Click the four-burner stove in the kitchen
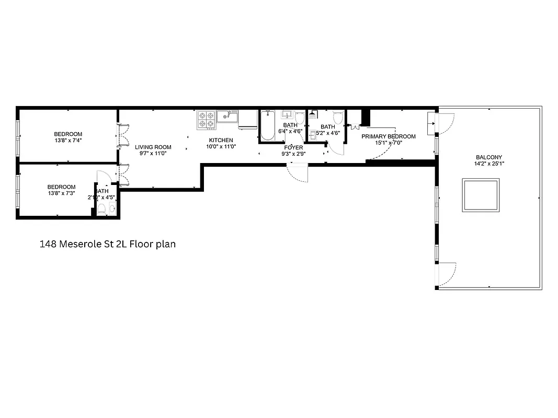point(207,120)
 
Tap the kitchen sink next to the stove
point(227,115)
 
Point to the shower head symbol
point(313,115)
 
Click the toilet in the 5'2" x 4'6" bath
point(338,118)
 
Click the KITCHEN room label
point(221,141)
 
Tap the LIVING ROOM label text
point(153,147)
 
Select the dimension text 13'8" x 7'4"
point(68,141)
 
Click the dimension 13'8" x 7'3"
point(61,193)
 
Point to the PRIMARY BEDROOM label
point(389,136)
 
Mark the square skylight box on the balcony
point(481,195)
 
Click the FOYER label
point(293,148)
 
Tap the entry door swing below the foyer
point(299,172)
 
